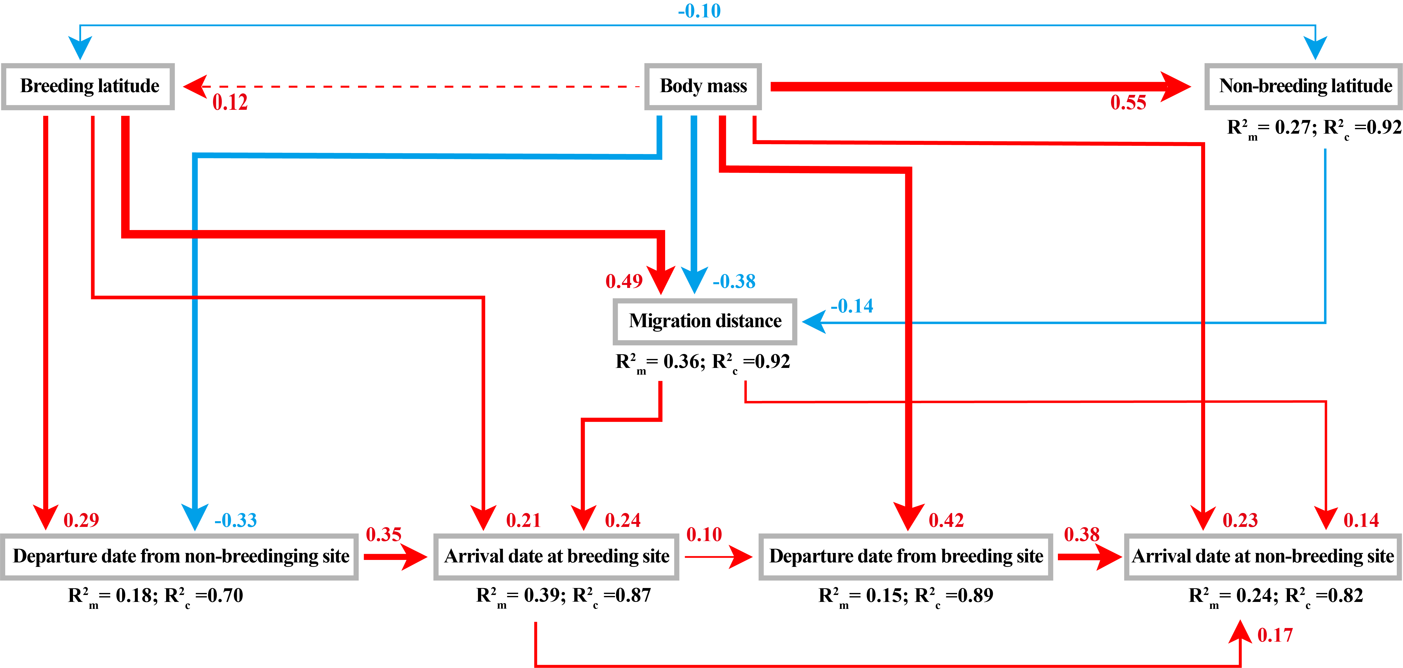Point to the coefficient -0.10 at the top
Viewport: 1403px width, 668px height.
(x=699, y=11)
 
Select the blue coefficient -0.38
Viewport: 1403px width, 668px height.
(x=734, y=281)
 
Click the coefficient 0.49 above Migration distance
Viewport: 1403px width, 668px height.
(x=624, y=281)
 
